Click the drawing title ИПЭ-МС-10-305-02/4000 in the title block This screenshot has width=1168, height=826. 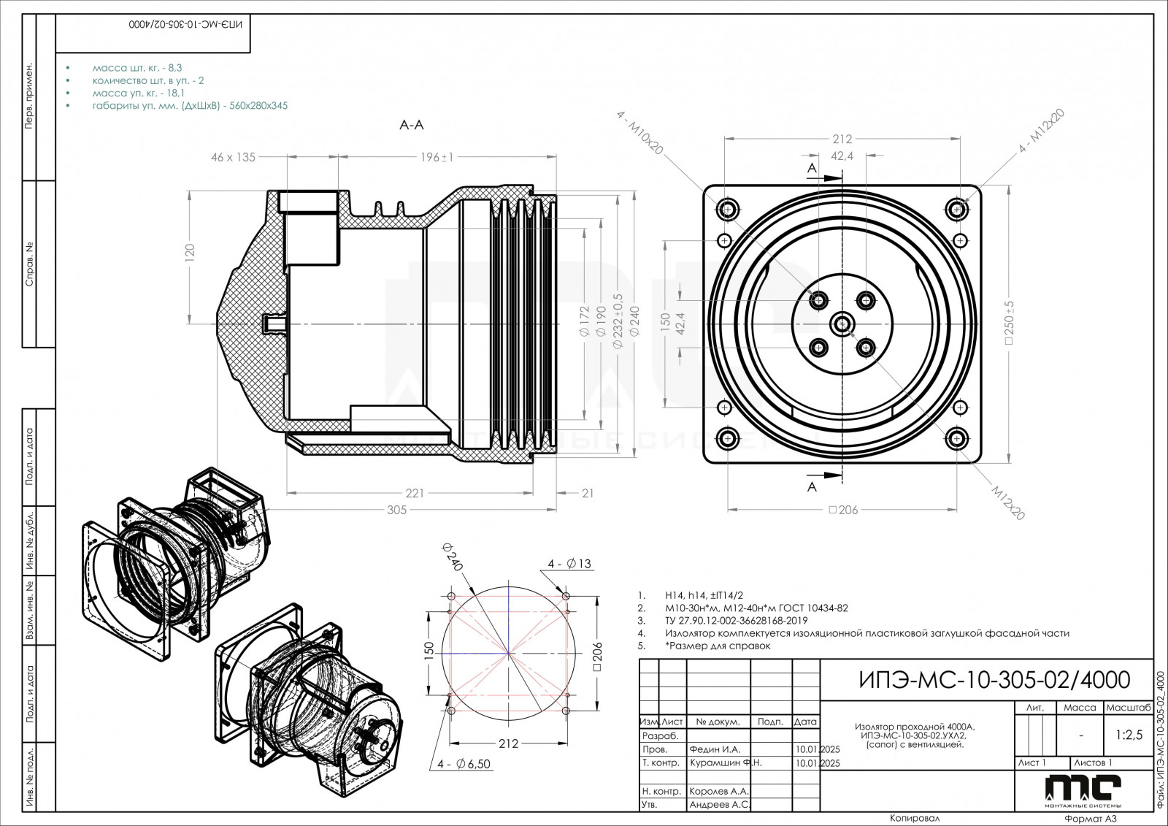click(991, 680)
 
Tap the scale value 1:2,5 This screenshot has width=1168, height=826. click(1129, 735)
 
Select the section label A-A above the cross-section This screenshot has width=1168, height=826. click(411, 125)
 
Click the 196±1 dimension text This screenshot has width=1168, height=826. click(437, 157)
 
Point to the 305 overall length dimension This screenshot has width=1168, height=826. click(396, 510)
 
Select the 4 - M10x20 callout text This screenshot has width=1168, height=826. click(640, 133)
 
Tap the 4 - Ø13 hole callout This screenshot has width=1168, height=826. click(569, 563)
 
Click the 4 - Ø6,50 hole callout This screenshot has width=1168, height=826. click(464, 764)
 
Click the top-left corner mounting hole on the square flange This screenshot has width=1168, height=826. click(727, 209)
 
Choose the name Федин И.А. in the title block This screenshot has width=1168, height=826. click(715, 749)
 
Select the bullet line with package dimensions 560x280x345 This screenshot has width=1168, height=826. click(190, 105)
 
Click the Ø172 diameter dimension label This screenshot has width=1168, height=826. click(583, 322)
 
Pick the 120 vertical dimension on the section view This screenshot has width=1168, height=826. click(190, 253)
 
